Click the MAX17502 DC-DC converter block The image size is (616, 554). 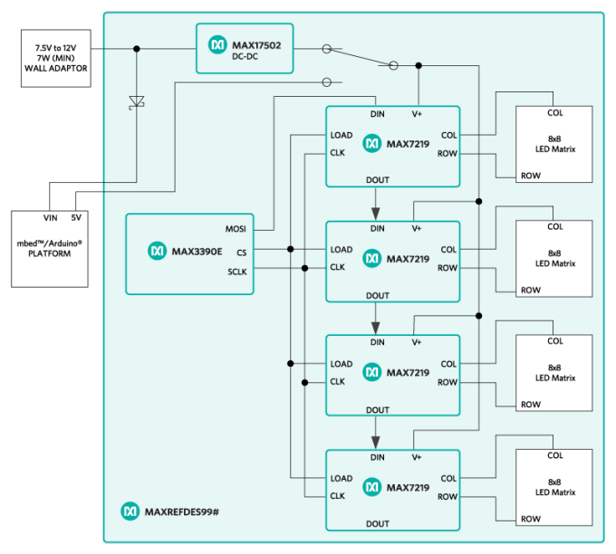coord(245,49)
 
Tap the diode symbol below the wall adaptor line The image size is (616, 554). coord(137,101)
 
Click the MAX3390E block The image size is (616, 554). coord(190,253)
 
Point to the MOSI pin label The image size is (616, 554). coord(236,229)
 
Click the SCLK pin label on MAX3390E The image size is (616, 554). coord(236,271)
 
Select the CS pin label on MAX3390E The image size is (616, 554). coord(241,253)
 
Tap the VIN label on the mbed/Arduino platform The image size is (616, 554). coord(49,217)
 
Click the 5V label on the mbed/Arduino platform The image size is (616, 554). coord(75,217)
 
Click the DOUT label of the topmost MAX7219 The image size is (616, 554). coord(378,180)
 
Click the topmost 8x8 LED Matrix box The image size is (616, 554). coord(554,145)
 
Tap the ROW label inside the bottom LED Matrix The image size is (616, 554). coord(531,519)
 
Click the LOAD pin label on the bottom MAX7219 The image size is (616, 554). coord(342,479)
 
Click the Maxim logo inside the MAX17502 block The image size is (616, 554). coord(217,43)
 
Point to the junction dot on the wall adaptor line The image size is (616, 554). coord(137,49)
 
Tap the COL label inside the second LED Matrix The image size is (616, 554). coord(554,227)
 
